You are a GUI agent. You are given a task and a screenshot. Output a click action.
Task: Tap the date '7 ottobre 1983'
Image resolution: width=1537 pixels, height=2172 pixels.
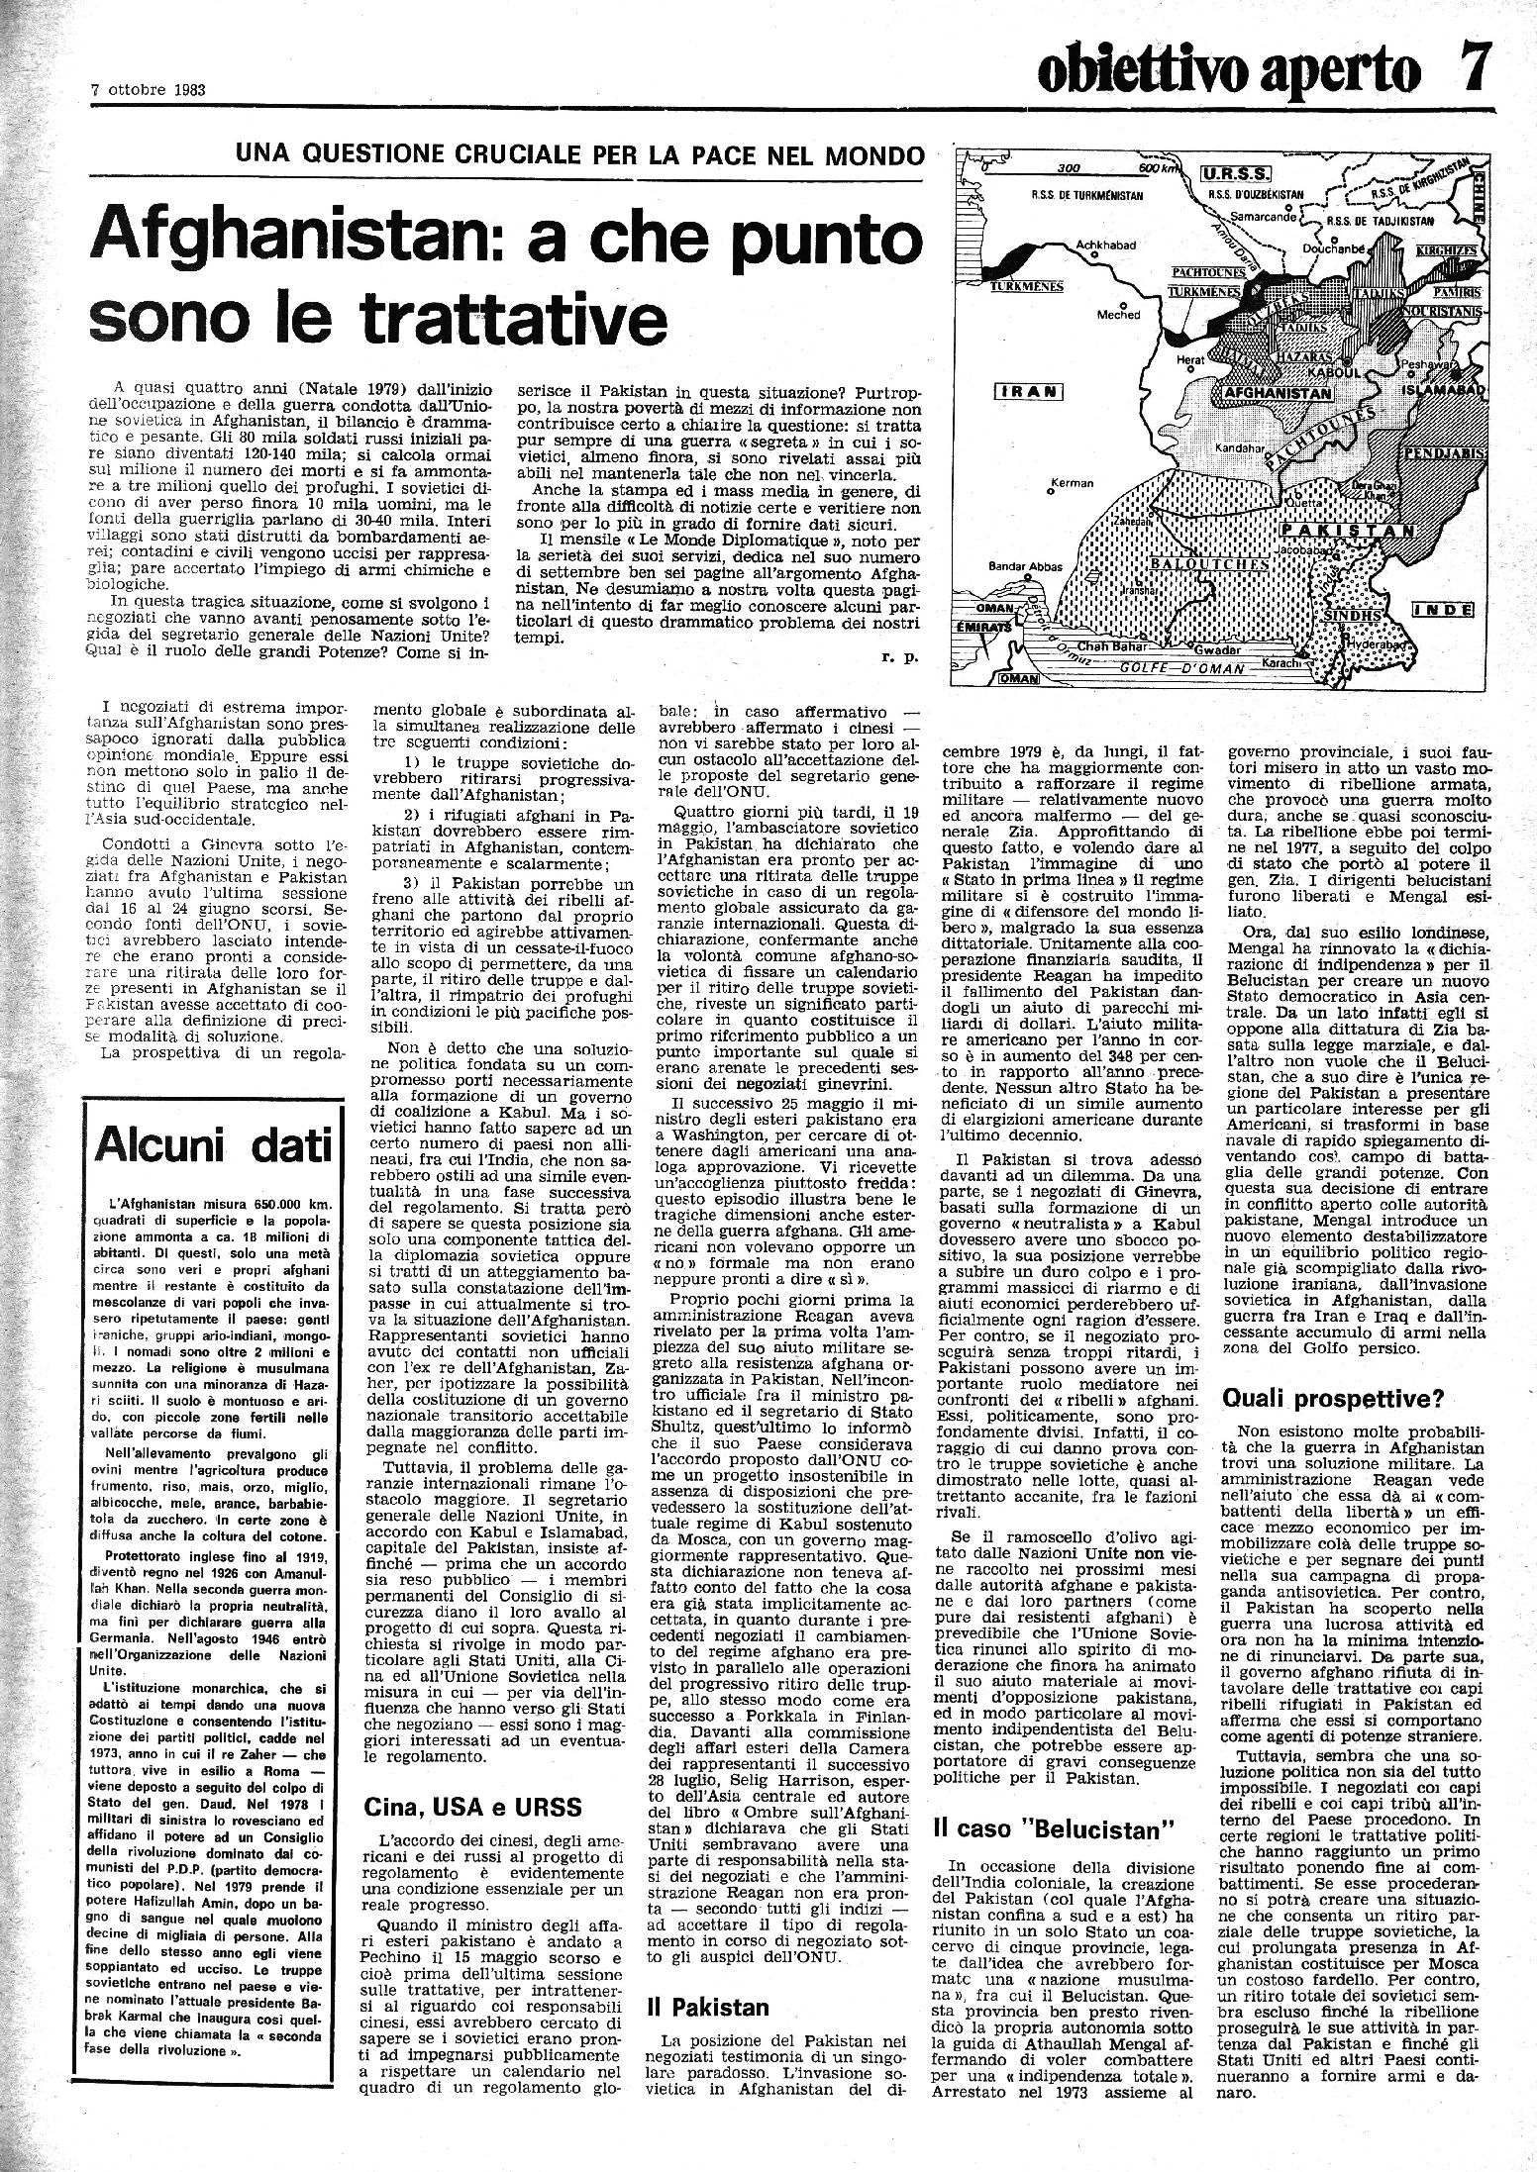[148, 88]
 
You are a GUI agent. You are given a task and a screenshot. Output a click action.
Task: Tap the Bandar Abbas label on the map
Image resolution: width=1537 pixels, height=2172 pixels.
[1025, 567]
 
